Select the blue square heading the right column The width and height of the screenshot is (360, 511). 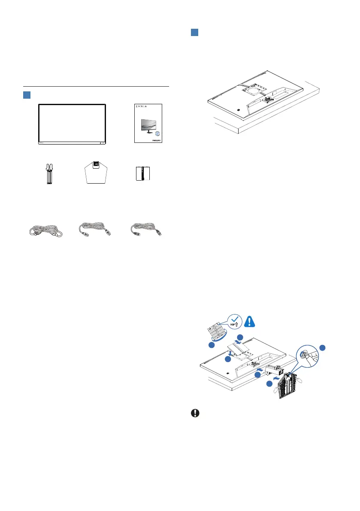coord(194,33)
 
